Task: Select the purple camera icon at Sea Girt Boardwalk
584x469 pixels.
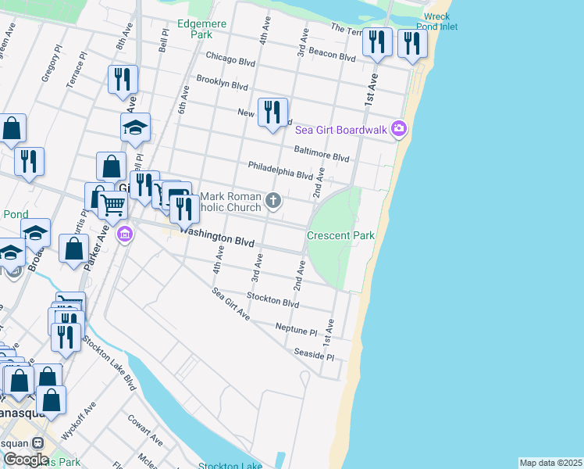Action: (x=400, y=128)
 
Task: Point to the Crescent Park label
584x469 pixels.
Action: (x=340, y=235)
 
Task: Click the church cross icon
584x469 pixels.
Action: (x=273, y=201)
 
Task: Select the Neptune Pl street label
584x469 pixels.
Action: (x=297, y=328)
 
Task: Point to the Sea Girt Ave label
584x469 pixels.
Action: (x=230, y=304)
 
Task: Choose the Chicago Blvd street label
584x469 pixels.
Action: (x=231, y=56)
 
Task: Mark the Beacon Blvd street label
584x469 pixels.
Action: (x=333, y=55)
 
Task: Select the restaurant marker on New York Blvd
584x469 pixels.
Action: (x=272, y=113)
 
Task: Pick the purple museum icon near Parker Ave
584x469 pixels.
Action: (x=124, y=234)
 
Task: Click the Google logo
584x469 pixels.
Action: (x=26, y=459)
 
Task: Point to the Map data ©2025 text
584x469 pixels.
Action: (x=550, y=463)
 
